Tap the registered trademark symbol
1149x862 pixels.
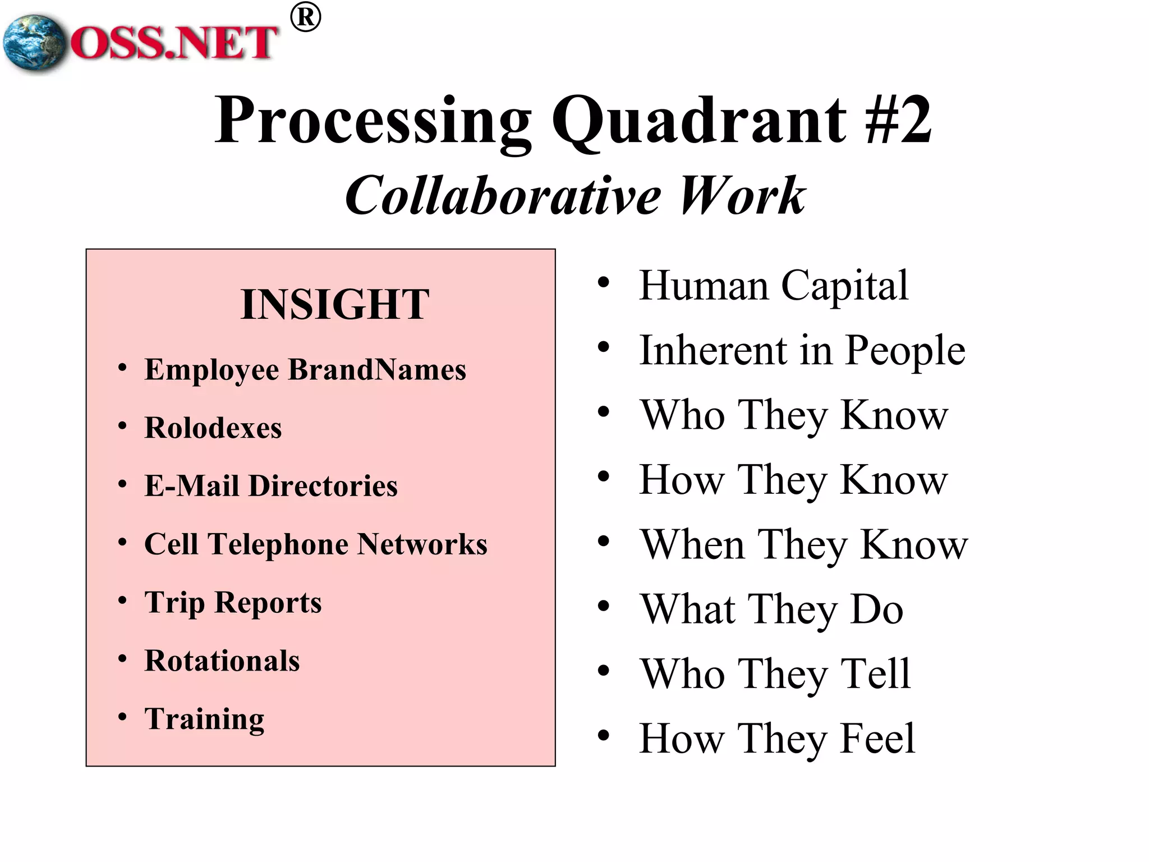point(306,17)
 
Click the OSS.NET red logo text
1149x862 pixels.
point(174,44)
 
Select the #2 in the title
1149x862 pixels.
point(898,120)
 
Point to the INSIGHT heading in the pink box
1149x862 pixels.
point(335,305)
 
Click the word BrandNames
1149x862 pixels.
point(377,370)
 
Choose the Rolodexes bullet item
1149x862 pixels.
point(213,428)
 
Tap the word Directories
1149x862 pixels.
point(323,486)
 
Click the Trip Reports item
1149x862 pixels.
point(233,603)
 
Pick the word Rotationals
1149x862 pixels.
point(222,661)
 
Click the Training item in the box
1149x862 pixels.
point(205,719)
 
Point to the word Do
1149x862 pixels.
point(876,610)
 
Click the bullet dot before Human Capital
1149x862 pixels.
point(604,282)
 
